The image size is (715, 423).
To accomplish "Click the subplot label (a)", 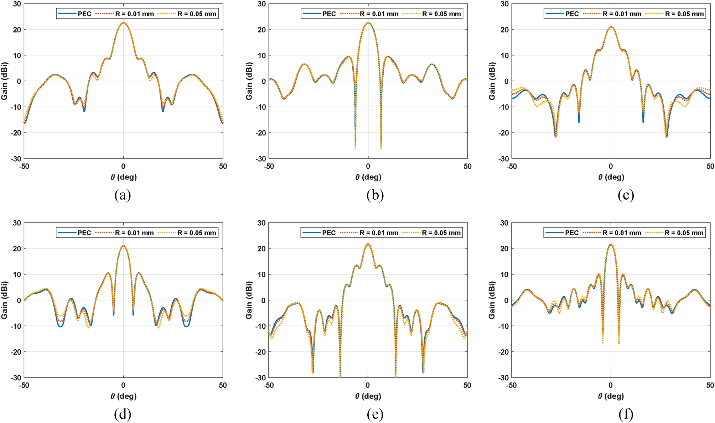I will tap(123, 195).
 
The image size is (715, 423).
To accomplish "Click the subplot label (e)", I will tap(375, 414).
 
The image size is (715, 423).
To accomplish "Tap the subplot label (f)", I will tap(626, 414).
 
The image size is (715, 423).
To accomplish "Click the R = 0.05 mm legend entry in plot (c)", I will tap(684, 14).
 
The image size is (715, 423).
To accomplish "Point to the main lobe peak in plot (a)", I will tap(123, 23).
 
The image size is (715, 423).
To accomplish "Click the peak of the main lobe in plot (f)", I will tap(611, 244).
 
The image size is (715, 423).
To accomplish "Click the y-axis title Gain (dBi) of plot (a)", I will tap(5, 81).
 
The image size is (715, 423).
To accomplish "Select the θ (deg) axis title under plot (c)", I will tap(611, 177).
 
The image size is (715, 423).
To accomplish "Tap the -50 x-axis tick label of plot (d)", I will tap(24, 385).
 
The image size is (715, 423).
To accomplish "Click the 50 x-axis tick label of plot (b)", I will tap(467, 166).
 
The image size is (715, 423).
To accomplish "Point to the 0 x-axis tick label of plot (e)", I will tap(368, 385).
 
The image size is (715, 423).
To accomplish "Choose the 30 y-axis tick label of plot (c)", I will tap(505, 4).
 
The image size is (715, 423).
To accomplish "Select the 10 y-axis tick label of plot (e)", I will tap(262, 275).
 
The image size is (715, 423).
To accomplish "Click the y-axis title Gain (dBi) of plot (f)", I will tap(492, 300).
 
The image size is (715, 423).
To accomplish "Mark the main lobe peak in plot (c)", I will tap(611, 27).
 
